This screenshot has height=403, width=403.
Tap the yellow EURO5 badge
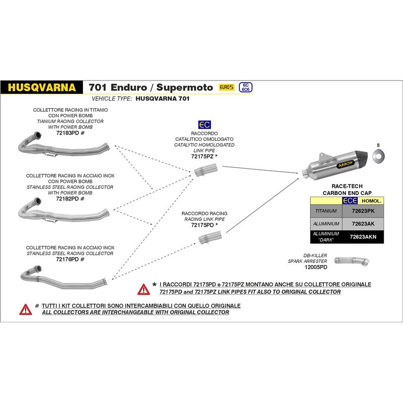coord(227,87)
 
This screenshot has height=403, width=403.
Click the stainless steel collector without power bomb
coord(63,278)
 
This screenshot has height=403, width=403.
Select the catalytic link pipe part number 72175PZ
coord(204,157)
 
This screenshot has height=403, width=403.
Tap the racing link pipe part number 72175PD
coord(204,225)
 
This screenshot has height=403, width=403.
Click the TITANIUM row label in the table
coord(325,212)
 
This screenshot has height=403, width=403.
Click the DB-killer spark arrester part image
coord(349,258)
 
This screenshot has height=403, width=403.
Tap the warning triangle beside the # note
coord(25,309)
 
